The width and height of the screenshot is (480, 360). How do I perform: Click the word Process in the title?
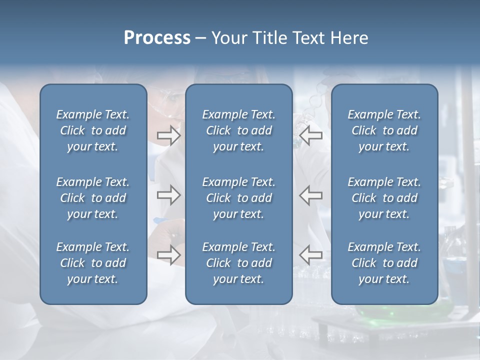[x=157, y=38]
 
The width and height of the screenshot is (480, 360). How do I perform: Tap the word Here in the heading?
[x=349, y=38]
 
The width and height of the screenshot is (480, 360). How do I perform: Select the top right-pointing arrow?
[x=168, y=135]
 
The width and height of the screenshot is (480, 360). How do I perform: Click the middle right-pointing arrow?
[x=168, y=195]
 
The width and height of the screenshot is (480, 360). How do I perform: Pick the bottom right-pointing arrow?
[x=168, y=255]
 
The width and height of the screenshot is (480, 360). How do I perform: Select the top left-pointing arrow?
[x=311, y=135]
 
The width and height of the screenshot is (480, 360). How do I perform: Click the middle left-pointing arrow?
[x=311, y=195]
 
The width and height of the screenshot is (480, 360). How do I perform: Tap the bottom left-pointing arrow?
[x=311, y=255]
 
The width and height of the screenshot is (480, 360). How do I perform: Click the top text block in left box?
[x=93, y=130]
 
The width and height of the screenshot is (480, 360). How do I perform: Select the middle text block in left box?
[x=93, y=198]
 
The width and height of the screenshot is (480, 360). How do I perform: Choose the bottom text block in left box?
[x=93, y=263]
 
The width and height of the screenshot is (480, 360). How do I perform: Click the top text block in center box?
[x=238, y=130]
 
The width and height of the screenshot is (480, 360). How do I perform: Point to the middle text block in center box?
[x=238, y=198]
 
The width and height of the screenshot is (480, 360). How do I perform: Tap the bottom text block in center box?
[x=238, y=263]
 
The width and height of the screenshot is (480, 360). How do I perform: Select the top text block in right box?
[x=384, y=130]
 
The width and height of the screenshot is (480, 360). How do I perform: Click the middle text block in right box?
[x=384, y=198]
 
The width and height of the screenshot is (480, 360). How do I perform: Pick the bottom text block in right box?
[x=384, y=263]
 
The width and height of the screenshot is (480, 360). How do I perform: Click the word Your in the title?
[x=228, y=38]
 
